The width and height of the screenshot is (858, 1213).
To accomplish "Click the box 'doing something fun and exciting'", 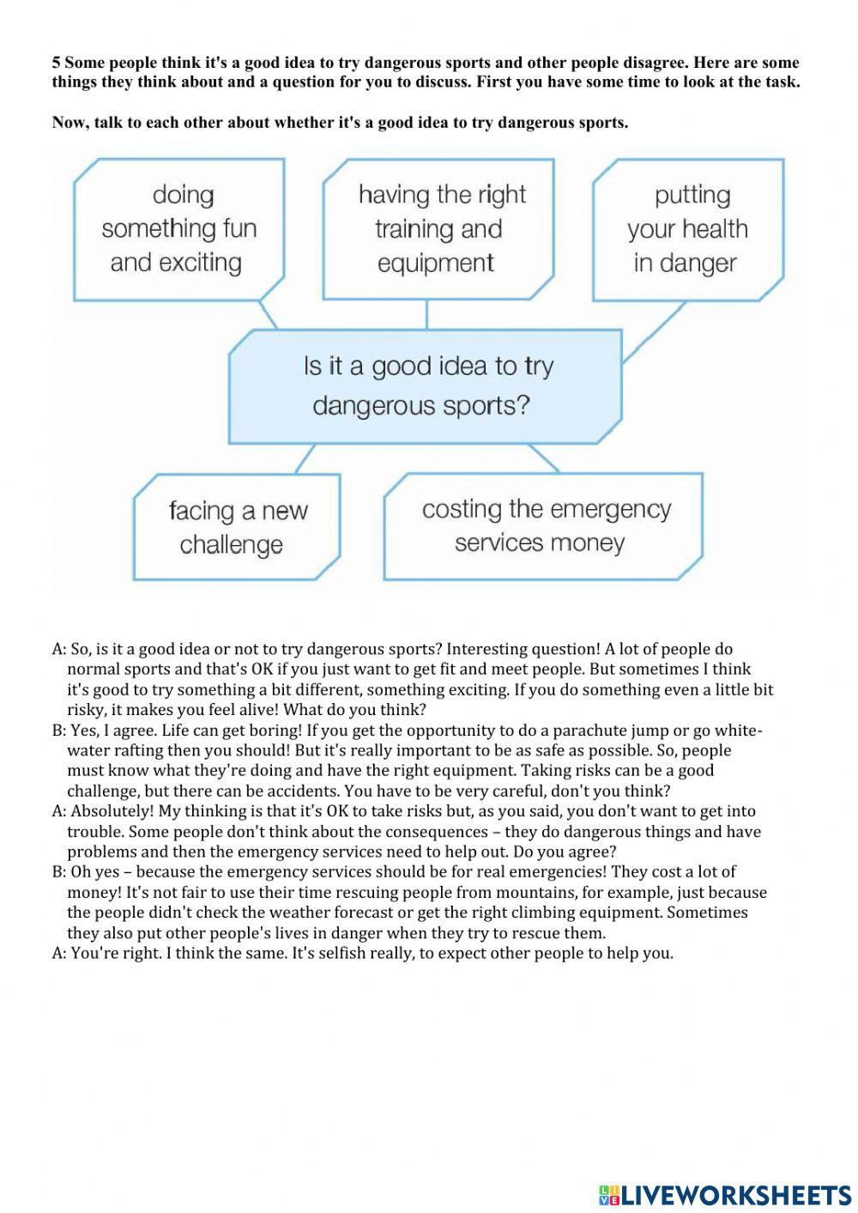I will point(178,228).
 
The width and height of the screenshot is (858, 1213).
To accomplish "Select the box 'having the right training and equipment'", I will point(438,228).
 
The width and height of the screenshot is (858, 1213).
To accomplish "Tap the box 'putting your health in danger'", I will point(687,228).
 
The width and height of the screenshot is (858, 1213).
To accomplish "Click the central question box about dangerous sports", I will point(426,385).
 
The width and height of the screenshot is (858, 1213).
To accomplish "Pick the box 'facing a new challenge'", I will point(237,527).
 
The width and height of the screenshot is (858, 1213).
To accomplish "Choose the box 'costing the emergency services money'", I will point(544,525).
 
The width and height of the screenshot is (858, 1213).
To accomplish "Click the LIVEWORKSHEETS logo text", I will point(735,1194).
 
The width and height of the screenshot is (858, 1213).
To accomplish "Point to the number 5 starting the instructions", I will point(56,63).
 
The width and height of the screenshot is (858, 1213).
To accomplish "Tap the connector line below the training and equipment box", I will point(427,314).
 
